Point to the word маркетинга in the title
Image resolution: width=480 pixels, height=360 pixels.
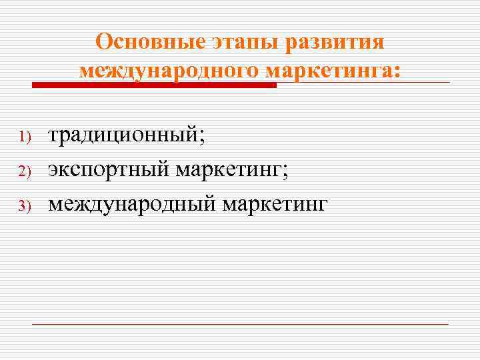329,70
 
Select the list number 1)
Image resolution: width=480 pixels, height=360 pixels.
25,137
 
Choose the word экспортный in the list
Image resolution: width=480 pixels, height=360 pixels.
108,169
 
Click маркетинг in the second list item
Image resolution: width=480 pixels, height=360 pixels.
229,169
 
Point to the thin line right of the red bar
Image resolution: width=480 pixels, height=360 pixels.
363,83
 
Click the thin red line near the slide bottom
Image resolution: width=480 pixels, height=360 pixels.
240,324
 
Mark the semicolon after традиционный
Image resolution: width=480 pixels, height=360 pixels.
203,138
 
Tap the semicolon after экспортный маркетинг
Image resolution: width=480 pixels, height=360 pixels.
286,172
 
